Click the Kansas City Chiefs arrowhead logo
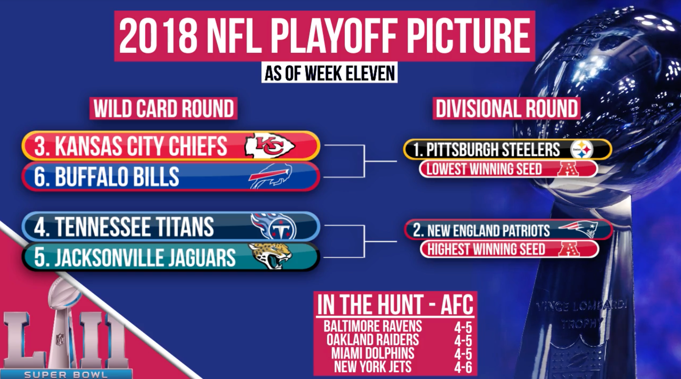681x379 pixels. (270, 146)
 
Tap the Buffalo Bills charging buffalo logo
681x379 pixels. (270, 176)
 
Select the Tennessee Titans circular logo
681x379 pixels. (274, 226)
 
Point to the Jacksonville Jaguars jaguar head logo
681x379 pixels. (270, 256)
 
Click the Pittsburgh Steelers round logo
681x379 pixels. (581, 149)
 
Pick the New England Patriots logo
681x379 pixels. (579, 229)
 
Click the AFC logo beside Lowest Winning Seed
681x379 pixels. (568, 169)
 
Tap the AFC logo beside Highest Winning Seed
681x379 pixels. (569, 249)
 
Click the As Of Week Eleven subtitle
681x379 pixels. (329, 73)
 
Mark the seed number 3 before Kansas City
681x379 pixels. (40, 146)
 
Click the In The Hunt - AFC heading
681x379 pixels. (395, 304)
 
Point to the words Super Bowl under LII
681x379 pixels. (66, 375)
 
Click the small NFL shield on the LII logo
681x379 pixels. (60, 339)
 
